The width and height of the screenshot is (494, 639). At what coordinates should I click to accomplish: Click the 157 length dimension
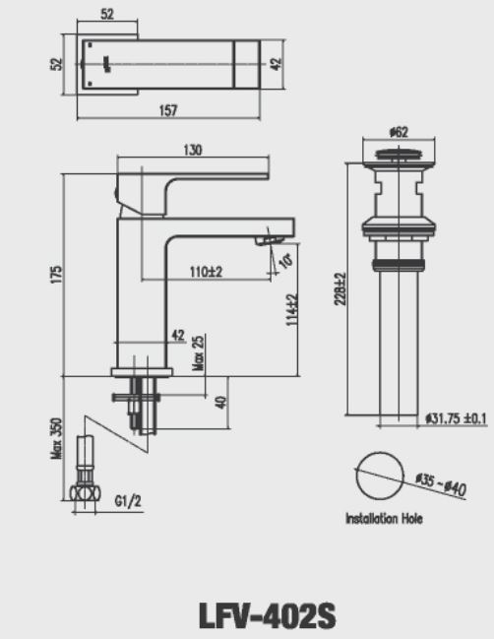(x=168, y=110)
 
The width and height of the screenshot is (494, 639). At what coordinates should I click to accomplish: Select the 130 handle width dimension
(x=193, y=150)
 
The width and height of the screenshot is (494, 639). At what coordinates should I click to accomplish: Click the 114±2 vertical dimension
(x=292, y=314)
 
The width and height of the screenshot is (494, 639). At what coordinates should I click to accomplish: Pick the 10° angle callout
(x=285, y=259)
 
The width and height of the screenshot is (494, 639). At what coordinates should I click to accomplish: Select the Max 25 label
(x=198, y=347)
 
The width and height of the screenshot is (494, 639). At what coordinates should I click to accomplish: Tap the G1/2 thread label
(x=129, y=501)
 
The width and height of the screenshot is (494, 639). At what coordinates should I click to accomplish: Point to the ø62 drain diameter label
(x=400, y=130)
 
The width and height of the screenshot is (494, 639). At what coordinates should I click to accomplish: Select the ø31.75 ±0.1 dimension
(x=457, y=418)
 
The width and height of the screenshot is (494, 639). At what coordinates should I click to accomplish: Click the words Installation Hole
(x=384, y=519)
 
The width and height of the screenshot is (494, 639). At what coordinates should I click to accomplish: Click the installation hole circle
(x=379, y=478)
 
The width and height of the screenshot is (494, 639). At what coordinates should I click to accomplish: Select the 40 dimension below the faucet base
(x=221, y=402)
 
